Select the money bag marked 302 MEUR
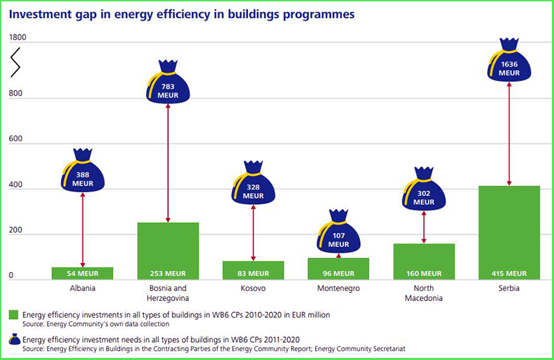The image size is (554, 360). tap(423, 192)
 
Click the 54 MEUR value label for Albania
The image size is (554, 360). tap(82, 273)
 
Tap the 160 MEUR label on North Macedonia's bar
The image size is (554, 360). tap(423, 273)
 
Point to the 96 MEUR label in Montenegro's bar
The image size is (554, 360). tap(338, 273)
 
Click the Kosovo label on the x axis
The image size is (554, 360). tap(253, 288)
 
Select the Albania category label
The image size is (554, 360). tap(82, 288)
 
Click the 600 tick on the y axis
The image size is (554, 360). tap(15, 139)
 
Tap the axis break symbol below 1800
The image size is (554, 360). tap(15, 64)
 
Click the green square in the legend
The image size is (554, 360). tap(14, 315)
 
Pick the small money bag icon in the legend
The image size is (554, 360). tap(14, 340)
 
